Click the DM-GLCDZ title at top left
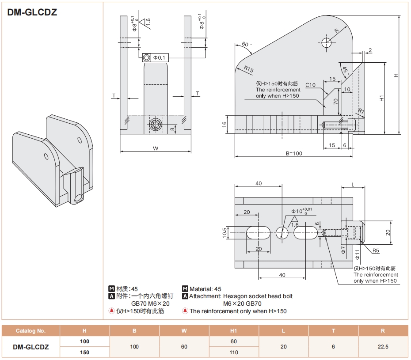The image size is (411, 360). click(x=32, y=12)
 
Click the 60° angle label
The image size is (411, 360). click(x=246, y=45)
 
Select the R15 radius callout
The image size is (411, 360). click(x=248, y=70)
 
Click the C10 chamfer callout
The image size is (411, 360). click(x=310, y=85)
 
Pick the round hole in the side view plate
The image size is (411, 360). click(x=327, y=42)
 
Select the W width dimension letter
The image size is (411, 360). click(x=156, y=148)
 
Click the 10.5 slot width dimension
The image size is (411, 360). click(x=225, y=233)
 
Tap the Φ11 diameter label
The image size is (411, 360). click(x=357, y=254)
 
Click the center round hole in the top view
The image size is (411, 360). click(x=282, y=232)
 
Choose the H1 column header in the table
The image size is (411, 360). click(x=234, y=330)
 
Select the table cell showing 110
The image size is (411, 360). click(x=234, y=352)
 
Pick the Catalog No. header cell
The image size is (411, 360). click(x=30, y=330)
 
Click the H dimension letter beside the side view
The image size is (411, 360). click(x=396, y=76)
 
